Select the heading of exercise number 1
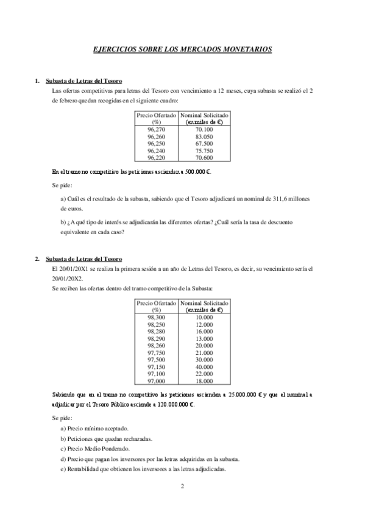(x=84, y=81)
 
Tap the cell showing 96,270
(x=156, y=130)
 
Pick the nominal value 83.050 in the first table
(x=204, y=137)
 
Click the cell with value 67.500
(x=204, y=143)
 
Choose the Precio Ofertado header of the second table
(x=156, y=303)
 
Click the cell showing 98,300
(x=156, y=318)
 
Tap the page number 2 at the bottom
(x=182, y=487)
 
